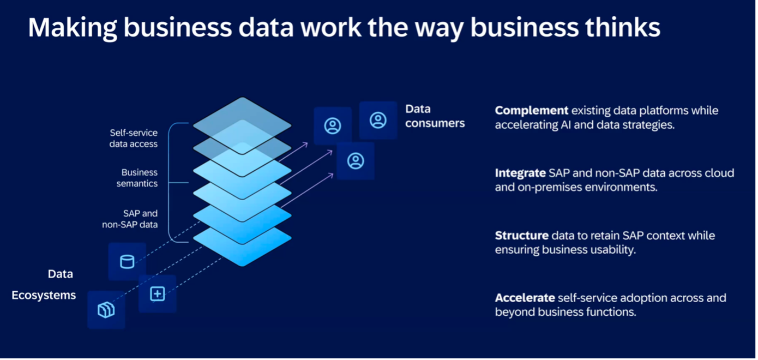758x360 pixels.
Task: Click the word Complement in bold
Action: [x=531, y=111]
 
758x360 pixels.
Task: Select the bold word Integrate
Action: [x=520, y=173]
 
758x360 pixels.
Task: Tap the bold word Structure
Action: [x=521, y=236]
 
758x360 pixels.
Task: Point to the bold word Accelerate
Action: [x=525, y=298]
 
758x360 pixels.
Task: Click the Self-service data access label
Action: [x=134, y=139]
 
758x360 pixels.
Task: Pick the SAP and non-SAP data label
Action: [x=130, y=219]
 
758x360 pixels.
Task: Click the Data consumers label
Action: [x=435, y=116]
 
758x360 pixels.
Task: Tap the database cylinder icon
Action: [x=127, y=262]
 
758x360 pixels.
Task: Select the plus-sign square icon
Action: [x=157, y=294]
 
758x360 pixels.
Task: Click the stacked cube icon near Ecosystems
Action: [x=106, y=310]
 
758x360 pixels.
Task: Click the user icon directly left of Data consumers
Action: [x=378, y=121]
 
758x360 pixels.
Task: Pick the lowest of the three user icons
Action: [x=356, y=161]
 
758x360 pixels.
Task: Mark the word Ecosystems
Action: [x=44, y=296]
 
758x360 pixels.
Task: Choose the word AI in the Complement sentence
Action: [x=568, y=124]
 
